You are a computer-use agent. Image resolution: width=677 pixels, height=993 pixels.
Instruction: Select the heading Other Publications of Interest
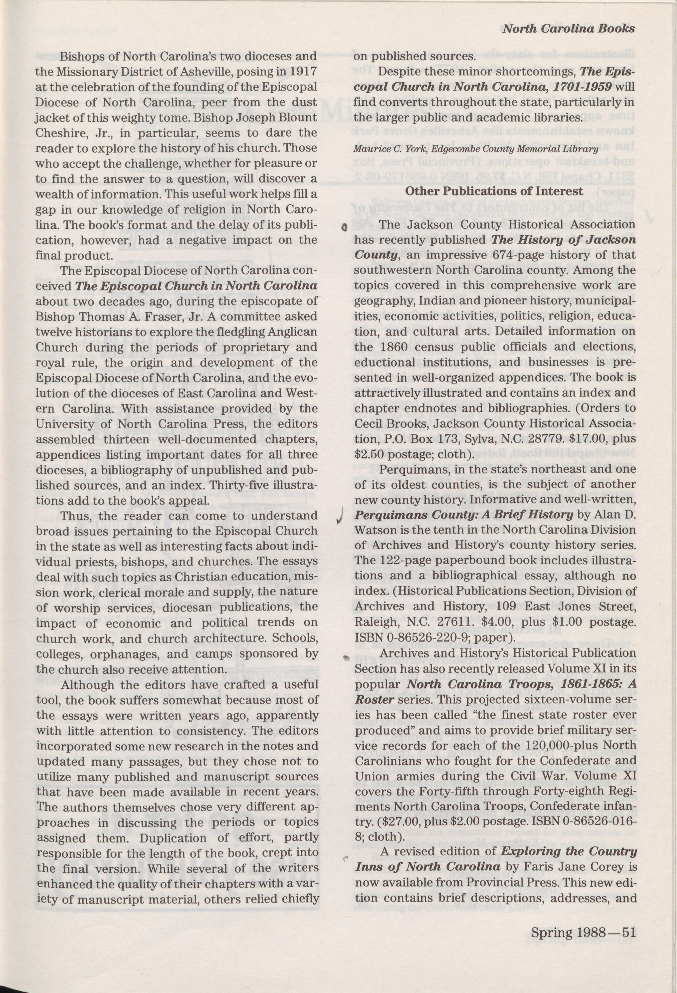pyautogui.click(x=494, y=191)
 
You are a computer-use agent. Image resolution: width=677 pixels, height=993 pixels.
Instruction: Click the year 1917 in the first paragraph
pyautogui.click(x=304, y=72)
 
